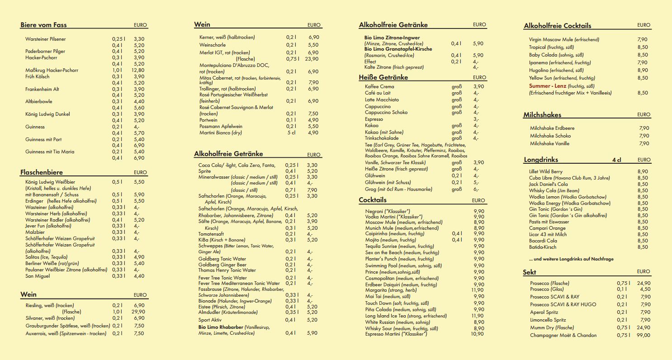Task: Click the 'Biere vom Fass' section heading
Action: [x=43, y=25]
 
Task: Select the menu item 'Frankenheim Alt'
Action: [x=42, y=89]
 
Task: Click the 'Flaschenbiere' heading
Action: [x=42, y=172]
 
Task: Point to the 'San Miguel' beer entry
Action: [x=38, y=276]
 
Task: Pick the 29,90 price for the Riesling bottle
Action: [x=138, y=312]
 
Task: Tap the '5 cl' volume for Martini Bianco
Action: [x=292, y=133]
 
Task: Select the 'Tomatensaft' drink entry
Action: [x=211, y=234]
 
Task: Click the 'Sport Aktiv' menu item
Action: [x=210, y=320]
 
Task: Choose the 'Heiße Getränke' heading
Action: [x=383, y=77]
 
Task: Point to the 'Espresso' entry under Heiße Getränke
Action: [x=374, y=119]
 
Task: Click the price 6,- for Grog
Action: [x=476, y=189]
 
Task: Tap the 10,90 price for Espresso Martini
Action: [x=477, y=334]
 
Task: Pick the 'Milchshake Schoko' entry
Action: [x=550, y=136]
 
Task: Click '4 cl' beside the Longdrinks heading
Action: [x=617, y=160]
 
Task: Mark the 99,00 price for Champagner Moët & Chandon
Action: [x=643, y=335]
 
